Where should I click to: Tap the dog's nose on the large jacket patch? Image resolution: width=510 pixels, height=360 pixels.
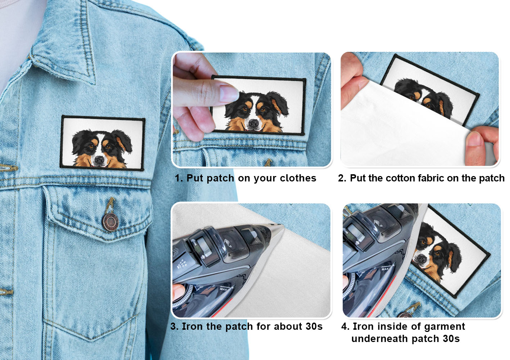click(99, 160)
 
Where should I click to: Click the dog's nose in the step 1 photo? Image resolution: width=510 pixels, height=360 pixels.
click(253, 123)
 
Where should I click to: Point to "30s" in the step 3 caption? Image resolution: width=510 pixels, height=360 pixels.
click(314, 327)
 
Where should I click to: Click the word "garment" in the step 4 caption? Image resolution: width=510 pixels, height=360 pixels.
click(444, 327)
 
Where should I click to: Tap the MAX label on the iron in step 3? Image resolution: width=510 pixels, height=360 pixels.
click(224, 289)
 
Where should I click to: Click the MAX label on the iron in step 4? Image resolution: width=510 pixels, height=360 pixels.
click(385, 269)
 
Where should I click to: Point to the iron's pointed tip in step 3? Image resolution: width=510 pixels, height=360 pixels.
click(282, 225)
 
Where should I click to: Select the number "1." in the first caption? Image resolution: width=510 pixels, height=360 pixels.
click(179, 178)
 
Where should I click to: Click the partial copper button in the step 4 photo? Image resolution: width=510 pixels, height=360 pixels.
click(405, 315)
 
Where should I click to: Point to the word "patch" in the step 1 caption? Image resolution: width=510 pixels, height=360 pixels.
click(220, 178)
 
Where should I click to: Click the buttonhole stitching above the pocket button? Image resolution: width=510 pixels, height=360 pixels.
click(110, 205)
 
